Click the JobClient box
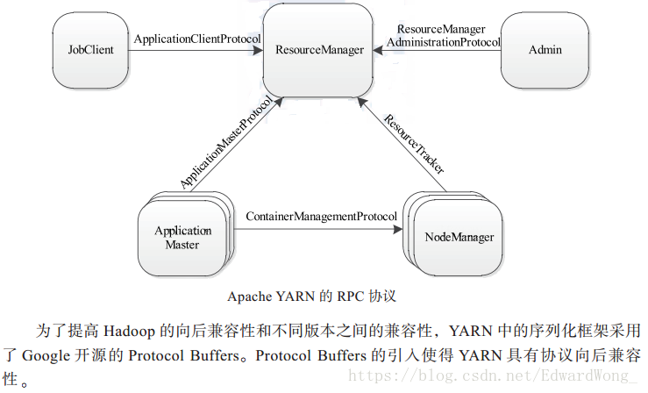tap(90, 50)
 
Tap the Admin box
tap(544, 50)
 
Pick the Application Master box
tap(182, 238)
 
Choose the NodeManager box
tap(459, 238)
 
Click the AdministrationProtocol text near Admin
tap(443, 41)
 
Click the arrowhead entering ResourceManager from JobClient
tap(260, 50)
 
